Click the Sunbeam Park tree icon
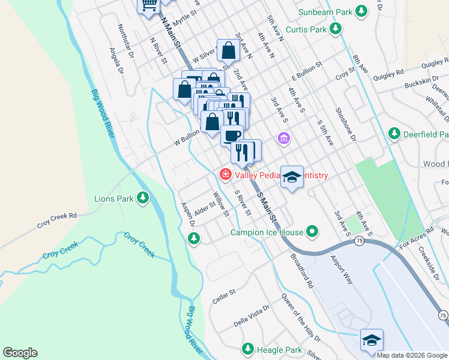[x=361, y=11]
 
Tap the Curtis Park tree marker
[x=336, y=29]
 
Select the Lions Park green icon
[x=142, y=198]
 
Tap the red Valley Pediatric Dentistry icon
[x=226, y=175]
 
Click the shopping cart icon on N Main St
[x=149, y=4]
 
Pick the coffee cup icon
[x=232, y=135]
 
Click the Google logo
[x=20, y=353]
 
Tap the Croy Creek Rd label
[x=58, y=220]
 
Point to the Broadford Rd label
[x=302, y=271]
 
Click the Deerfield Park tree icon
[x=394, y=133]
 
